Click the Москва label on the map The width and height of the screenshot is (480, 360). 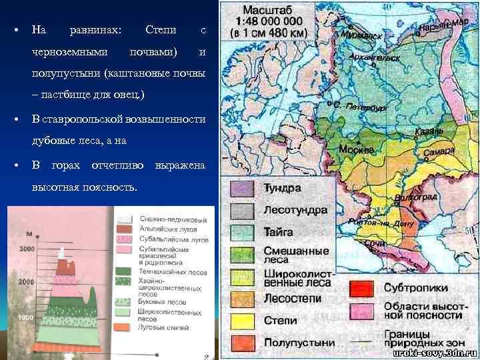(355, 150)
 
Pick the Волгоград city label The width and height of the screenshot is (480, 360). (415, 198)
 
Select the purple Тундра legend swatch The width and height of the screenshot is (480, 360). (243, 189)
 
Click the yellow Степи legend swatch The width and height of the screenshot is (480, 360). (243, 321)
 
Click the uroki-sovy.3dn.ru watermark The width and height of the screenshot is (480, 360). (433, 351)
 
